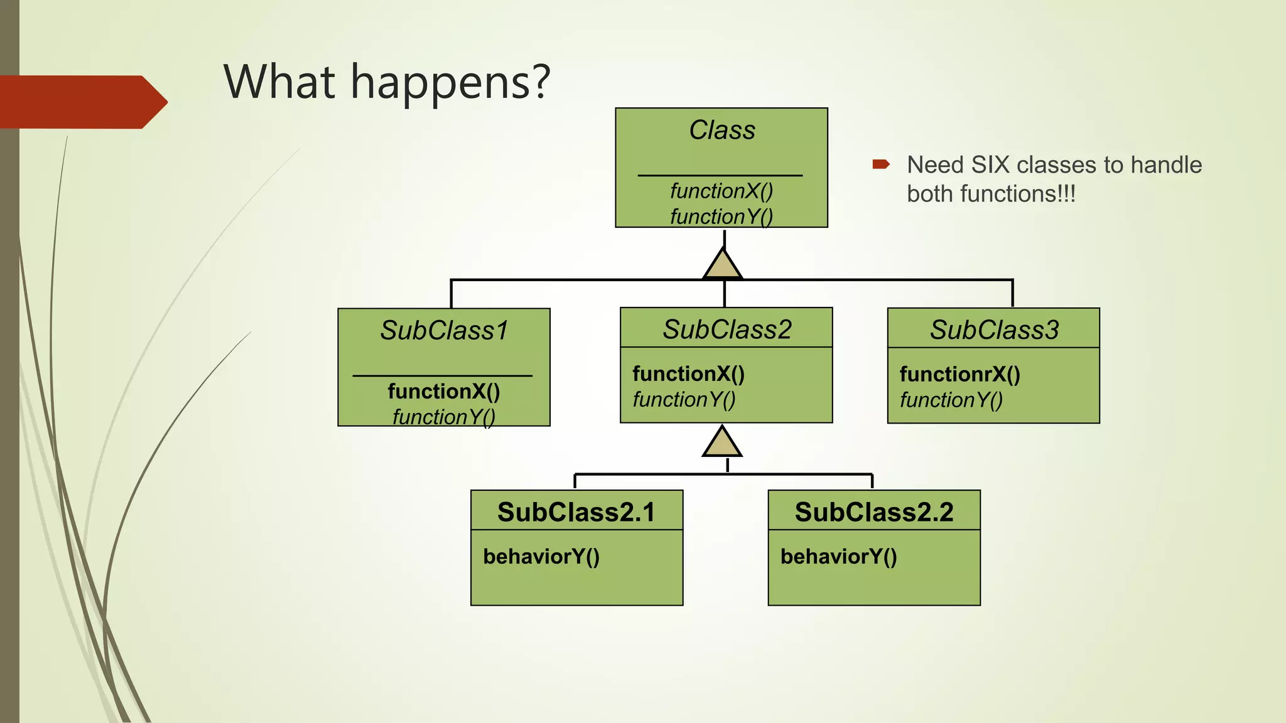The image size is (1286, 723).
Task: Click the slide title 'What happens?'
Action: [387, 82]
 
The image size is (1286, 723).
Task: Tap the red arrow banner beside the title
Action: [82, 102]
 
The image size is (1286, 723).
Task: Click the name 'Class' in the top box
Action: [722, 131]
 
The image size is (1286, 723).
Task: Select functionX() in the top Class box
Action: [721, 190]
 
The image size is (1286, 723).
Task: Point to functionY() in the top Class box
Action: [721, 216]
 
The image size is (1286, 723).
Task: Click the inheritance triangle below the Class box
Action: [723, 265]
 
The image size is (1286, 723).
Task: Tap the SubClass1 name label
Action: [444, 331]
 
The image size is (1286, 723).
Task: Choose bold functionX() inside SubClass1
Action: [444, 391]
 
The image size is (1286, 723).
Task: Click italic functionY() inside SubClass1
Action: [444, 416]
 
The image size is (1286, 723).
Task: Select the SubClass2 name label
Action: [727, 329]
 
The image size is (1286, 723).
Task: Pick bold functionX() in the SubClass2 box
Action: [688, 373]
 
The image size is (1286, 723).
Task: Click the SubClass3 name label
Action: [994, 330]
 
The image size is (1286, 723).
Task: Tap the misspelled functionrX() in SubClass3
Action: [959, 374]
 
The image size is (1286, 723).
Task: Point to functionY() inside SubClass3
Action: [951, 399]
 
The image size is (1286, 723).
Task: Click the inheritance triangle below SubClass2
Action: [722, 443]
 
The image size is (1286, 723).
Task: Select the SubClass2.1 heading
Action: [576, 512]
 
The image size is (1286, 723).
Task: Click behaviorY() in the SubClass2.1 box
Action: [541, 556]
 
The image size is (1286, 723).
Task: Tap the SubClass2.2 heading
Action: [874, 512]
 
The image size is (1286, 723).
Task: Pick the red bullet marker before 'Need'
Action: [880, 164]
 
